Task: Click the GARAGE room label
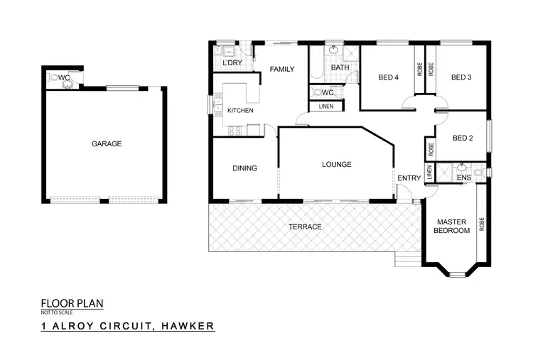[x=107, y=143]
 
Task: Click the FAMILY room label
[x=281, y=69]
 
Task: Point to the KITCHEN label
[x=240, y=111]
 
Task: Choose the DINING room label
[x=244, y=168]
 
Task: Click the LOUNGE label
[x=336, y=165]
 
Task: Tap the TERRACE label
[x=305, y=227]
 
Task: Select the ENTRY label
[x=409, y=178]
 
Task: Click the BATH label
[x=340, y=68]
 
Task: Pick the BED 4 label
[x=389, y=78]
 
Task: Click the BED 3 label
[x=461, y=78]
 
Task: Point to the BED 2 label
[x=463, y=138]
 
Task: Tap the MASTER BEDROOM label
[x=453, y=226]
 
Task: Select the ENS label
[x=464, y=178]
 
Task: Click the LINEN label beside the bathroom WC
[x=325, y=107]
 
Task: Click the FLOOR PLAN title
[x=72, y=303]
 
